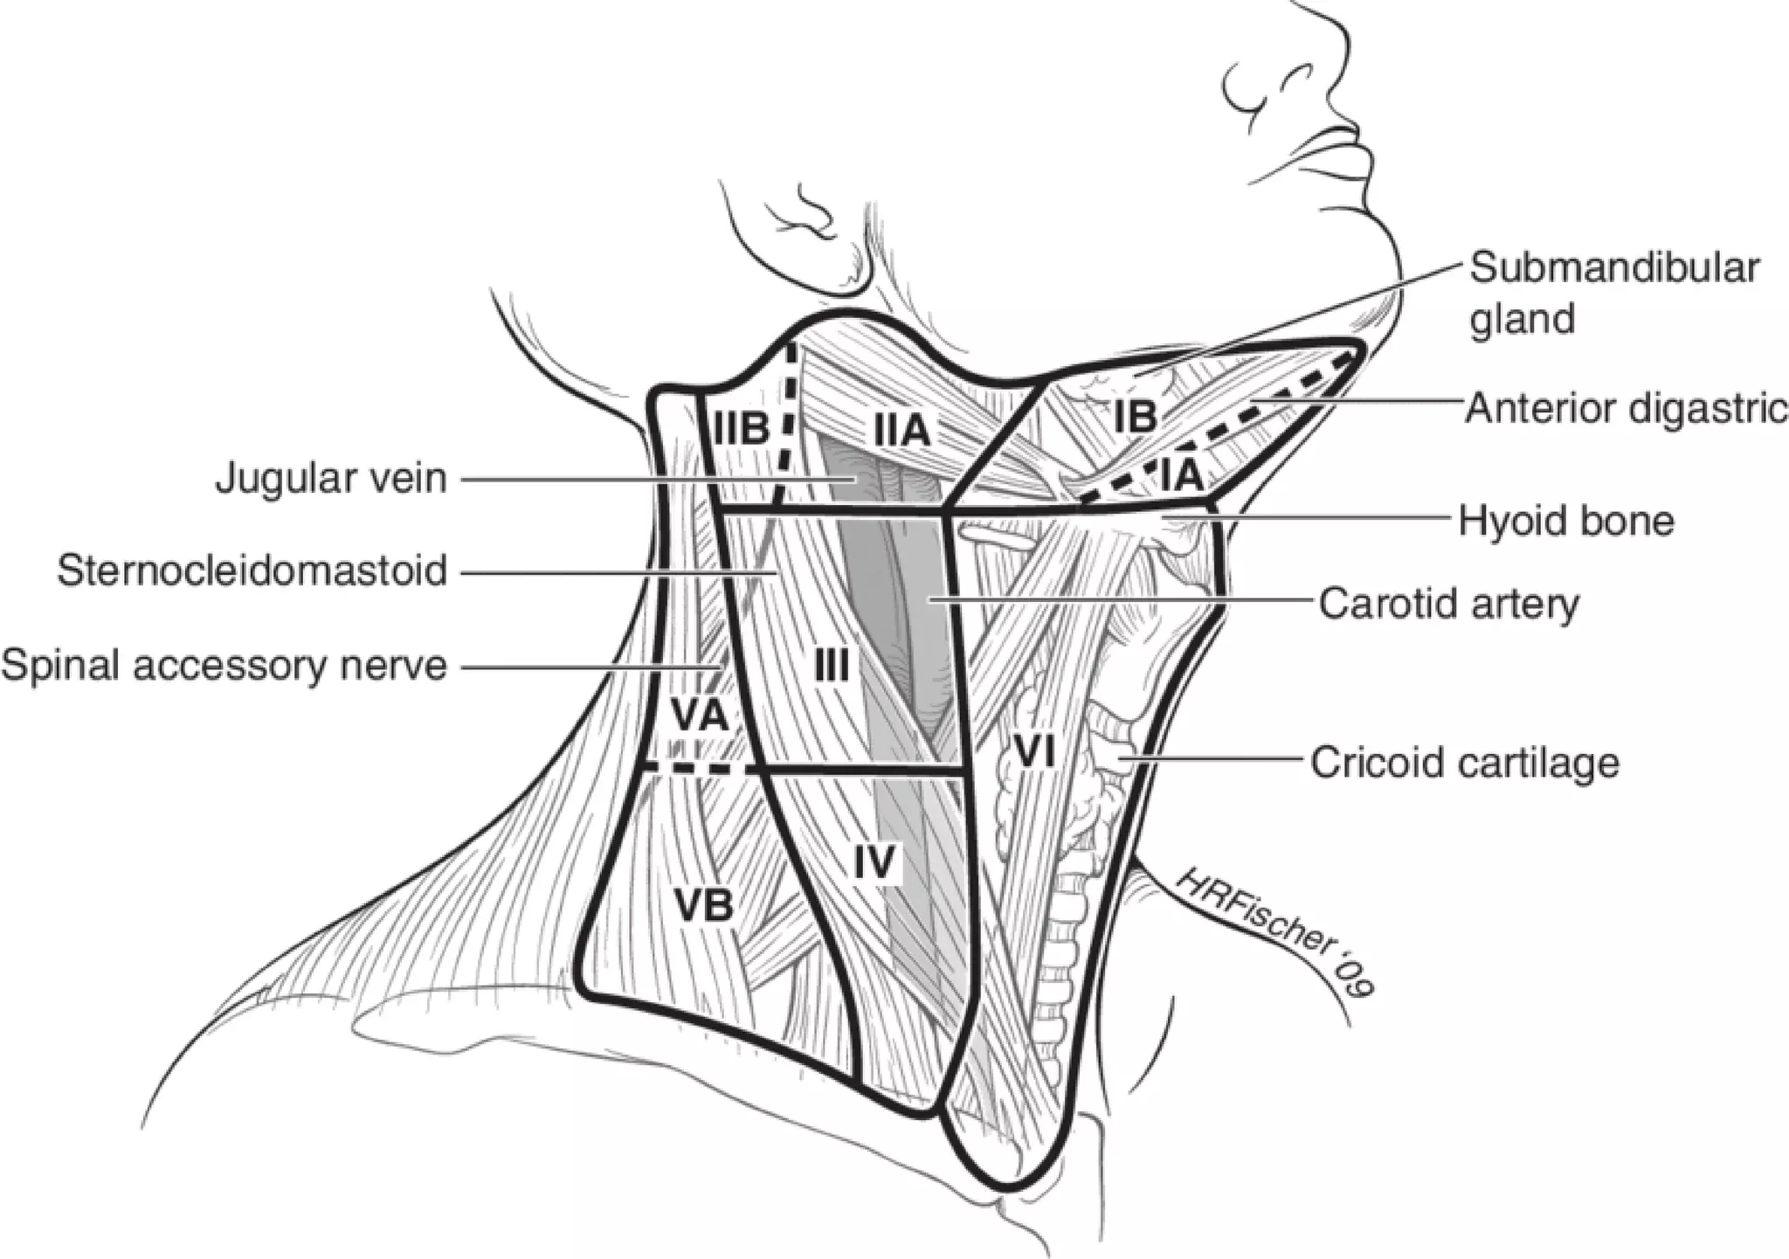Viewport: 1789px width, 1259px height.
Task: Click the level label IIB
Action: tap(743, 429)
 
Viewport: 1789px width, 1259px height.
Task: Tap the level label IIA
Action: tap(902, 431)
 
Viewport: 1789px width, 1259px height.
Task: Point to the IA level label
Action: tap(1183, 476)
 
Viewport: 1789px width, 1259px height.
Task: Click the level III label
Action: tap(831, 668)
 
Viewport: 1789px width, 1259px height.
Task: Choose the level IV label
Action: tap(874, 862)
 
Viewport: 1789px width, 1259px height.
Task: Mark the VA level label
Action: tap(700, 716)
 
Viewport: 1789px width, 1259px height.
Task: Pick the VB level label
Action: tap(704, 906)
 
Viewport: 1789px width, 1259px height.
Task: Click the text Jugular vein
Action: tap(331, 479)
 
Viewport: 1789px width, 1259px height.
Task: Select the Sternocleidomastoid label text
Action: tap(252, 572)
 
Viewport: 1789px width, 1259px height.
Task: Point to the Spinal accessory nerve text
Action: tap(224, 666)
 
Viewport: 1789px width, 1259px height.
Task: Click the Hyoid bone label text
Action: tap(1566, 522)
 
